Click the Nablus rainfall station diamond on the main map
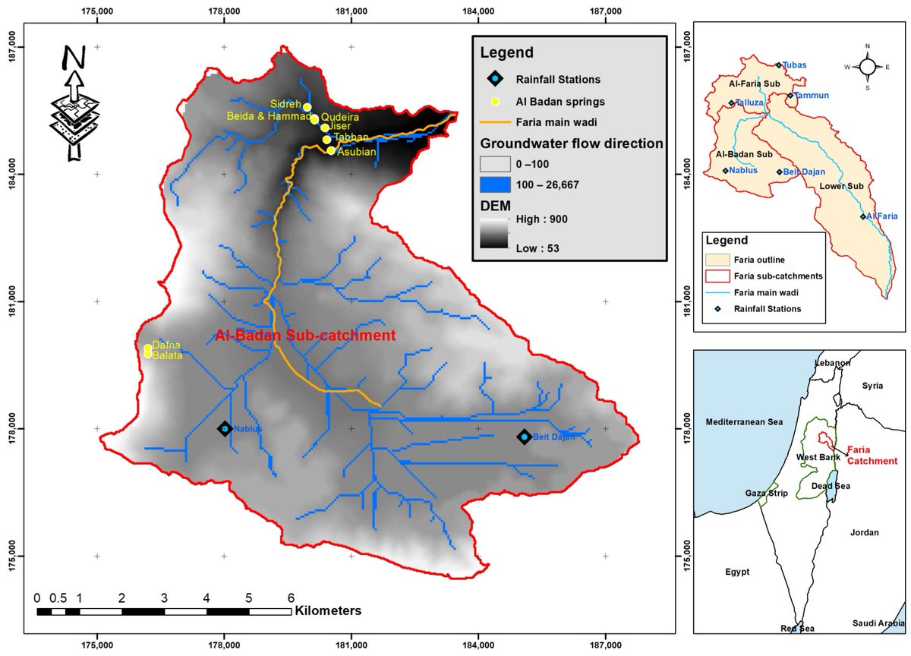coord(224,428)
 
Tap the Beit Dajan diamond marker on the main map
coord(524,437)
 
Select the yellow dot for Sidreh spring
coord(307,107)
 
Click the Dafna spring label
coord(166,345)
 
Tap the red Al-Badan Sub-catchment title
coord(305,335)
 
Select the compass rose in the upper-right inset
coord(868,66)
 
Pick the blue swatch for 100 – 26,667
coord(493,184)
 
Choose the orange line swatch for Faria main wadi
coord(493,121)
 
